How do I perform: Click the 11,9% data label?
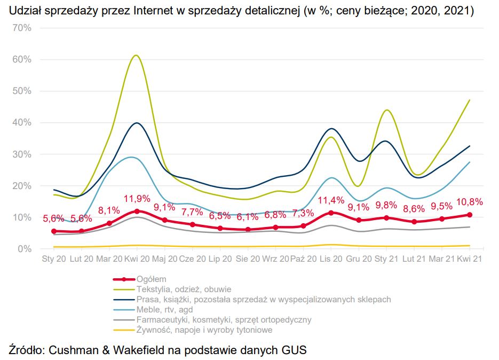[137, 200]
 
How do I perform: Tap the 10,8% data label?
[470, 202]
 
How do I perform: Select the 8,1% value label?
[109, 210]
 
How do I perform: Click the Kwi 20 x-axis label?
[137, 259]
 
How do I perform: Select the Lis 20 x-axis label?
[331, 259]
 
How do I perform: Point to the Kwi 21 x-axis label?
[470, 259]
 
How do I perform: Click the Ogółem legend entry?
[152, 279]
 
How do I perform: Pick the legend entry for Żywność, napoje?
[204, 330]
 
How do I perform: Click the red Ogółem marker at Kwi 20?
[137, 211]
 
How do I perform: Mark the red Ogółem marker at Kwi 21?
[470, 215]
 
